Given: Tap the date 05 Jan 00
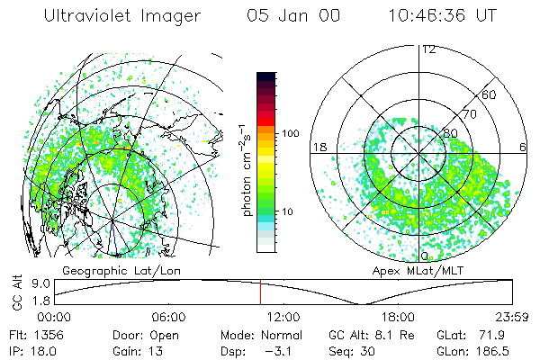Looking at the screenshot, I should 294,16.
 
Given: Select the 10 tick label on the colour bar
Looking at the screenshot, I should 289,211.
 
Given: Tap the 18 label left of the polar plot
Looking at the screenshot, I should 318,147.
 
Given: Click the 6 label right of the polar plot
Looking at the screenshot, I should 523,147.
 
